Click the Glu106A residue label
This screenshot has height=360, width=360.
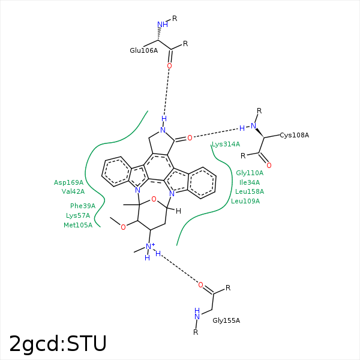pos(144,50)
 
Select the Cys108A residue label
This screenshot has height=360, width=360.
pos(295,135)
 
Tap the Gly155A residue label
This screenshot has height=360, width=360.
pos(226,320)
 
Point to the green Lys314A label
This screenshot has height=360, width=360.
pos(226,144)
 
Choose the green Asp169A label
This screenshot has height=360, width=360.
pos(68,182)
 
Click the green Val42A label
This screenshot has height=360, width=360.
pos(73,191)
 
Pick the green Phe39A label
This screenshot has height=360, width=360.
pos(83,206)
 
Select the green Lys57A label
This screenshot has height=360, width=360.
pos(78,215)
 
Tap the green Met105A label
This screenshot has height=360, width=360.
pos(78,225)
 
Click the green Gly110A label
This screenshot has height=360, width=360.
pos(250,173)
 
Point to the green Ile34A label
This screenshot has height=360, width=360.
pos(250,182)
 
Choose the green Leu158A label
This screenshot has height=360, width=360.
pos(250,191)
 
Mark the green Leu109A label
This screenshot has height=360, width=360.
pos(245,201)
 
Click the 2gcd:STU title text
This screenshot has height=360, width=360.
pos(58,344)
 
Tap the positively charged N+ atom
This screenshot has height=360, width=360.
pos(150,247)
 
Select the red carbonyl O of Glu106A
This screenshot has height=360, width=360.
pos(169,66)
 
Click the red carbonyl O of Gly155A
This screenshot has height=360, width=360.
pos(200,285)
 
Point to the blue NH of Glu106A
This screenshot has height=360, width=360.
pos(163,25)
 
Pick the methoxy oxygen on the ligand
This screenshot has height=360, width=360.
pos(123,227)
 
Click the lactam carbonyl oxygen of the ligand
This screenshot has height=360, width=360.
pos(190,138)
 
